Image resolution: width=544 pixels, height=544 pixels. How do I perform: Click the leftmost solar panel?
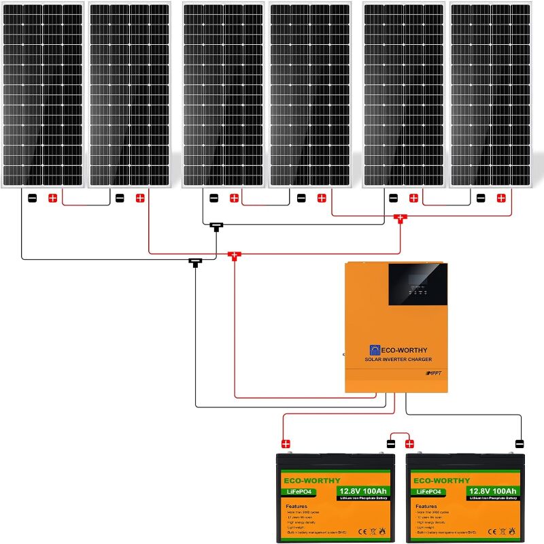(x=43, y=95)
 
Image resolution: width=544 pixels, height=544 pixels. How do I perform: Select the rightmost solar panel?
(x=490, y=95)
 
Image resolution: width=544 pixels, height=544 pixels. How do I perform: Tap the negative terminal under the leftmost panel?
(x=32, y=199)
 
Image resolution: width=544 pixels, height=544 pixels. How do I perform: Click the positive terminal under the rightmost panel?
(x=501, y=199)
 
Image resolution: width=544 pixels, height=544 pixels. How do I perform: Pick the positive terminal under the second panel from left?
(x=140, y=199)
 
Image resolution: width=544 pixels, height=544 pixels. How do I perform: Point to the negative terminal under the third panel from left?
(x=214, y=199)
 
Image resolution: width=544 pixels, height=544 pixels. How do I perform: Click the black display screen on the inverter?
(x=418, y=284)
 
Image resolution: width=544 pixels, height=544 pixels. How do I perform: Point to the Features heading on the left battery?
(x=296, y=507)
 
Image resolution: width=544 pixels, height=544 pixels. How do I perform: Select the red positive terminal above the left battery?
(x=286, y=444)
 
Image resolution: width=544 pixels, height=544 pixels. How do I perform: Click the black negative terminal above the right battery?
(x=520, y=444)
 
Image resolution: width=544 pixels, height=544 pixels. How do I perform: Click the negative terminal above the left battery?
(x=390, y=444)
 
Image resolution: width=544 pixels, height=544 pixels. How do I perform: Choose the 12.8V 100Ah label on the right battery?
(x=491, y=491)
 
